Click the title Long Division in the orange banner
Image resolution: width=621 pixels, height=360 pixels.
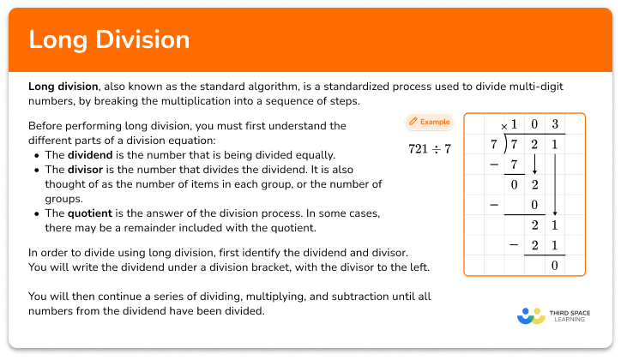pos(109,40)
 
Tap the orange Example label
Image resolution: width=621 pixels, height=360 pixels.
pos(435,122)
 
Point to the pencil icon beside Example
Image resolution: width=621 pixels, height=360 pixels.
pos(413,122)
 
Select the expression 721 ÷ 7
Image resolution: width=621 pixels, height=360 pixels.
pos(431,147)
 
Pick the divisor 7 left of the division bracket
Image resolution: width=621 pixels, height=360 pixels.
pos(493,144)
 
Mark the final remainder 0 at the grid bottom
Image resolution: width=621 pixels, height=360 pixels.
pos(555,265)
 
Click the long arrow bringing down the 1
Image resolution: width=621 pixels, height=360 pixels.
pos(555,183)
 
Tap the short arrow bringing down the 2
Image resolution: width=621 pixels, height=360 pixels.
pos(534,163)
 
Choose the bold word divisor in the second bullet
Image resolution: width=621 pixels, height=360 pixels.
pos(90,170)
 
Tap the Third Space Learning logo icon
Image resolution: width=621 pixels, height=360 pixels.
pos(531,316)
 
